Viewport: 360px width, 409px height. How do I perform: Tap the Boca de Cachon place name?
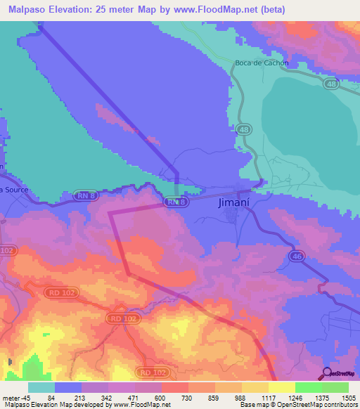tap(262, 64)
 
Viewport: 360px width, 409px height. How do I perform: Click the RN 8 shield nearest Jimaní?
tap(176, 202)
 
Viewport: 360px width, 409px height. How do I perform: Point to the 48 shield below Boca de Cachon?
tap(243, 130)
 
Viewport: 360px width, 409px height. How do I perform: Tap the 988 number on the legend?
tap(241, 398)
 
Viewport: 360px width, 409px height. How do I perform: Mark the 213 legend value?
tap(81, 398)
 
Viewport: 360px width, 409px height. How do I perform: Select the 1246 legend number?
tap(295, 398)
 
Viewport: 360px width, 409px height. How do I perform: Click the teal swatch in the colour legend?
tap(41, 387)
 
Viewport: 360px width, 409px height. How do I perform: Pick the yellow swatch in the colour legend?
tap(281, 387)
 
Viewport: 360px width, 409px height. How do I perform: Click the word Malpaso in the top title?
tap(27, 9)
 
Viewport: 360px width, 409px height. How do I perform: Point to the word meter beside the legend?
tap(11, 398)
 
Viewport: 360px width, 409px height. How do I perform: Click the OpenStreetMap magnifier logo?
tap(326, 373)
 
